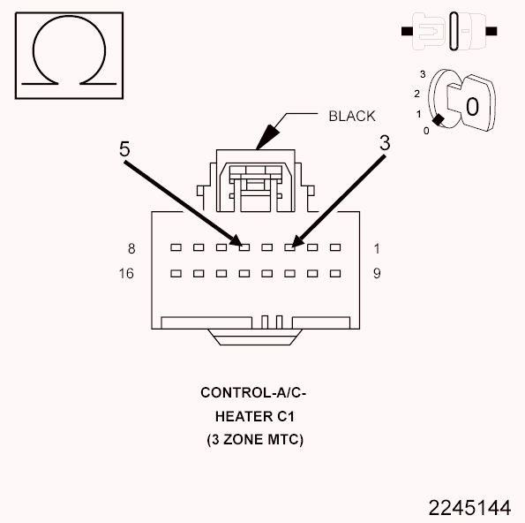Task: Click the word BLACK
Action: click(351, 116)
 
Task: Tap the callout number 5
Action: click(125, 148)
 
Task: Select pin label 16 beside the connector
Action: click(126, 274)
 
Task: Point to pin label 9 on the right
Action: click(376, 274)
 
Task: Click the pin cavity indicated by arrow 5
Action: click(244, 248)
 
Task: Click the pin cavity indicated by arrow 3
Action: click(289, 248)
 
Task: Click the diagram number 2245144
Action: click(469, 508)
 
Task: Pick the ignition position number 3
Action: click(424, 73)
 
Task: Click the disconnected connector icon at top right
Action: click(450, 31)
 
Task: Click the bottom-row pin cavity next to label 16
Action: click(175, 274)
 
